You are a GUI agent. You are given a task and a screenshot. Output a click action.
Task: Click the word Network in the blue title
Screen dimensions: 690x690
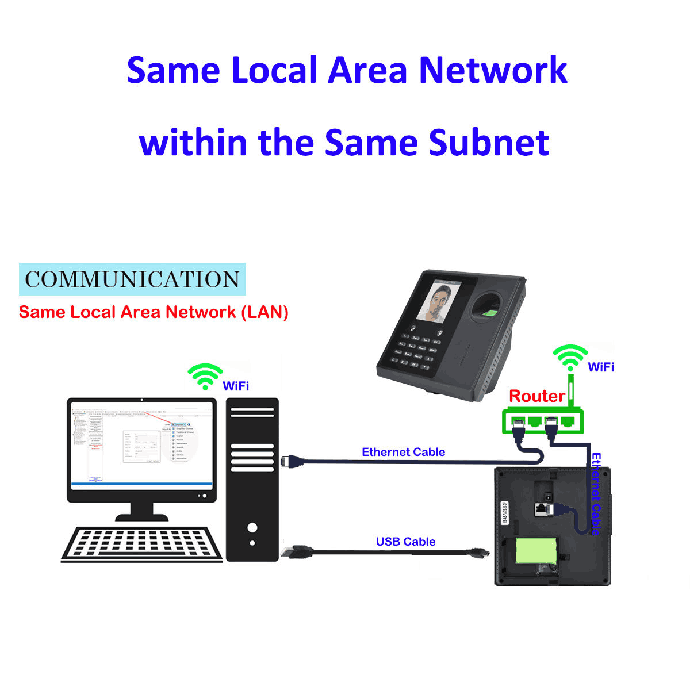(x=493, y=70)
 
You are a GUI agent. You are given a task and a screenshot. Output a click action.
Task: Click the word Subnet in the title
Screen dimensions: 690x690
(x=488, y=143)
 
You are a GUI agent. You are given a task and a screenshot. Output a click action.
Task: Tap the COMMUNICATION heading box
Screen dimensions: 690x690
(x=132, y=279)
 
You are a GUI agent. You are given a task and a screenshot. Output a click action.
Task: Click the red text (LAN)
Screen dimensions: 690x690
(x=265, y=312)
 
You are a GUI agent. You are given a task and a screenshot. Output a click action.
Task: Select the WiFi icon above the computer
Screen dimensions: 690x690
(x=205, y=377)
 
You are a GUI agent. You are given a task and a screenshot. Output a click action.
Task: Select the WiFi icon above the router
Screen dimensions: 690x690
(x=570, y=358)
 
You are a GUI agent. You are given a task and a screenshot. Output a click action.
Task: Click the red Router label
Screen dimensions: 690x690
(x=537, y=396)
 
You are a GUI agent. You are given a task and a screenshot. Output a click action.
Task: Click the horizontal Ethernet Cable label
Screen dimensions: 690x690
(x=403, y=452)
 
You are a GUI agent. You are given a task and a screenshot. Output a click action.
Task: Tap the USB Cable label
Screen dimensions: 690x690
(x=405, y=542)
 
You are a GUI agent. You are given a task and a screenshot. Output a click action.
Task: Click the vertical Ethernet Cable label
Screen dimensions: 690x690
(x=596, y=493)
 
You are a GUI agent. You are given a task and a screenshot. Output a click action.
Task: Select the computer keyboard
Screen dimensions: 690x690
(x=142, y=543)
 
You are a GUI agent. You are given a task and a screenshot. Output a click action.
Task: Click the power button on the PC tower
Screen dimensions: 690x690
(x=252, y=527)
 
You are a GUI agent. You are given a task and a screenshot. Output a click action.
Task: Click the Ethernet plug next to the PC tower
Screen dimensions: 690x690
(x=290, y=461)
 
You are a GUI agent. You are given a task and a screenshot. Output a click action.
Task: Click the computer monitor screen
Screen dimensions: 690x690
(x=141, y=444)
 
